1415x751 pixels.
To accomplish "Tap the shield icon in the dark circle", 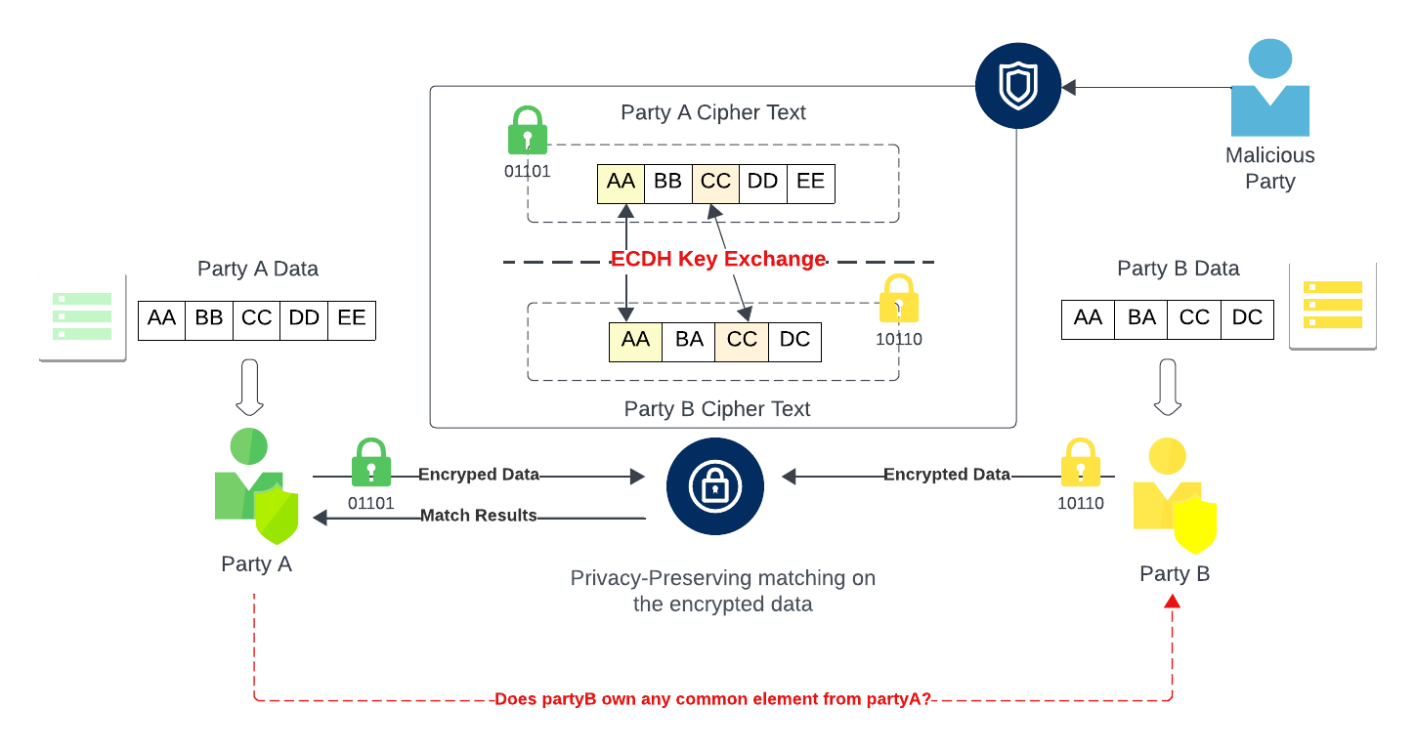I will (x=1017, y=87).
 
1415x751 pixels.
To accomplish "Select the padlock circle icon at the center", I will (x=714, y=485).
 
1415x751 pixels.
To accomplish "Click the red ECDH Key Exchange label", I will (x=718, y=259).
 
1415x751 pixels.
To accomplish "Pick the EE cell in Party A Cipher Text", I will (x=811, y=183).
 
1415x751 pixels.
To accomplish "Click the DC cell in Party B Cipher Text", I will (x=794, y=341).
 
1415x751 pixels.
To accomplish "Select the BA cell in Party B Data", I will (x=1141, y=318).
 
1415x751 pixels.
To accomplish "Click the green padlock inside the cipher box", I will (x=528, y=131).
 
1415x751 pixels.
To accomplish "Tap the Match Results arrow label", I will (x=479, y=515).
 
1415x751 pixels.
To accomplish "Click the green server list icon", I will (x=82, y=315).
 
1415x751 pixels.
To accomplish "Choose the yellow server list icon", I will (x=1333, y=304).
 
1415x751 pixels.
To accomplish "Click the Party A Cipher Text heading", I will (x=713, y=112).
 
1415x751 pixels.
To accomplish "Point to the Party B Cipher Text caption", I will (x=717, y=409).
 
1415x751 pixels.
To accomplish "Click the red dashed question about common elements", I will (x=712, y=699).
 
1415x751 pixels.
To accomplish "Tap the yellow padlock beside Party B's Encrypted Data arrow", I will (x=1081, y=463).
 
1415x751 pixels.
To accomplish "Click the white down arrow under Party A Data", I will (x=251, y=389).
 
